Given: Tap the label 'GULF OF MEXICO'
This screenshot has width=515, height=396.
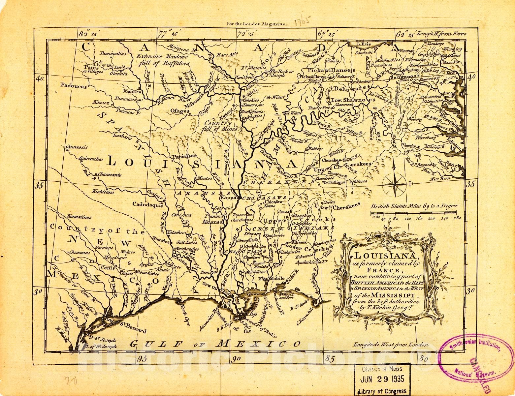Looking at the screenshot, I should pyautogui.click(x=215, y=344).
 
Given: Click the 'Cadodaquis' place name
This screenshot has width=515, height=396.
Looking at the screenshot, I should pyautogui.click(x=148, y=204).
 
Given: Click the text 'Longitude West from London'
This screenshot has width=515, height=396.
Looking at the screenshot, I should pyautogui.click(x=390, y=345).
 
